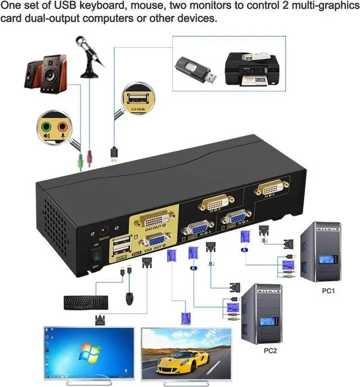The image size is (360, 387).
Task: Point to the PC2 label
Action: click(x=269, y=350)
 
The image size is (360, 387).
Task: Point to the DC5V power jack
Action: click(x=103, y=230)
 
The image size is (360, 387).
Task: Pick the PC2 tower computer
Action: click(x=261, y=313)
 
